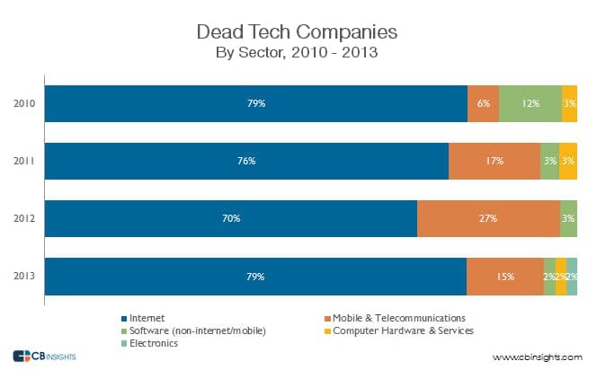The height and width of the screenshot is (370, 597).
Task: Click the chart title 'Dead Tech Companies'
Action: click(298, 33)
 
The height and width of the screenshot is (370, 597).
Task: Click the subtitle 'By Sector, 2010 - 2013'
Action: click(298, 52)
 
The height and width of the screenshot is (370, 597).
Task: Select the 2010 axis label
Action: click(24, 103)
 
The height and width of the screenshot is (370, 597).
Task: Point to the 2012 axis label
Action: click(24, 218)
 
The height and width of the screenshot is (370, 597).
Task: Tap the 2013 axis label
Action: click(24, 277)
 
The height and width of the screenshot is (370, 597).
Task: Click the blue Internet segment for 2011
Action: click(246, 161)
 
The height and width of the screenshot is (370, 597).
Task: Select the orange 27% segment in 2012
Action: click(488, 218)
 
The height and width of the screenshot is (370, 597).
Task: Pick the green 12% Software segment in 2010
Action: click(530, 103)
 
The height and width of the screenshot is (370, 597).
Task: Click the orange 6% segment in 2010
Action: click(483, 103)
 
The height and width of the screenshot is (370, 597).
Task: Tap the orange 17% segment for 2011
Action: click(494, 161)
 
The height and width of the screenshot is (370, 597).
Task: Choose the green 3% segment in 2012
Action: click(568, 218)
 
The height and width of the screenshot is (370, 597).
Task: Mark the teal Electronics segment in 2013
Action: click(572, 277)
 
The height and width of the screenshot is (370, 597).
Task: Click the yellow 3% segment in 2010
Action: click(569, 103)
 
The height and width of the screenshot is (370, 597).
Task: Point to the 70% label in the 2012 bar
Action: click(231, 218)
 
